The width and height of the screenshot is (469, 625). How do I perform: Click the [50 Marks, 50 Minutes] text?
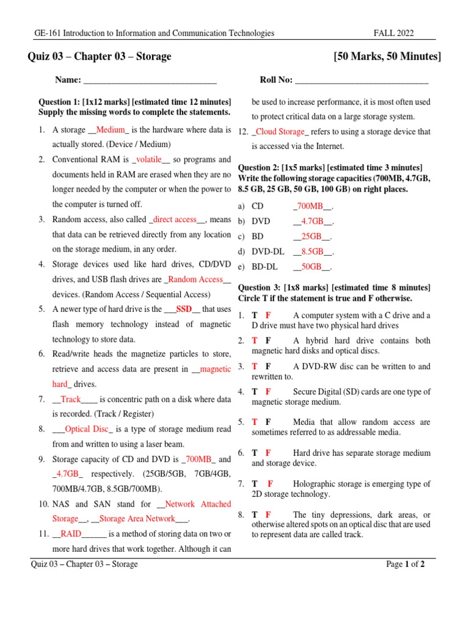coord(387,57)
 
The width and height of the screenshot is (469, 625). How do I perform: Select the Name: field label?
coord(68,80)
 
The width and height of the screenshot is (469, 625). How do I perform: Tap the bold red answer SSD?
coord(184,309)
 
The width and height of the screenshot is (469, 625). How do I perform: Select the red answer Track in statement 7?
coord(71,399)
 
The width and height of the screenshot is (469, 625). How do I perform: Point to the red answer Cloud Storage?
coord(282,131)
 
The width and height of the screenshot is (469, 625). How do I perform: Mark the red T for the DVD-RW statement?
coord(255,366)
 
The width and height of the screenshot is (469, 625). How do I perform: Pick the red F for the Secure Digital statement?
coord(269,392)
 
